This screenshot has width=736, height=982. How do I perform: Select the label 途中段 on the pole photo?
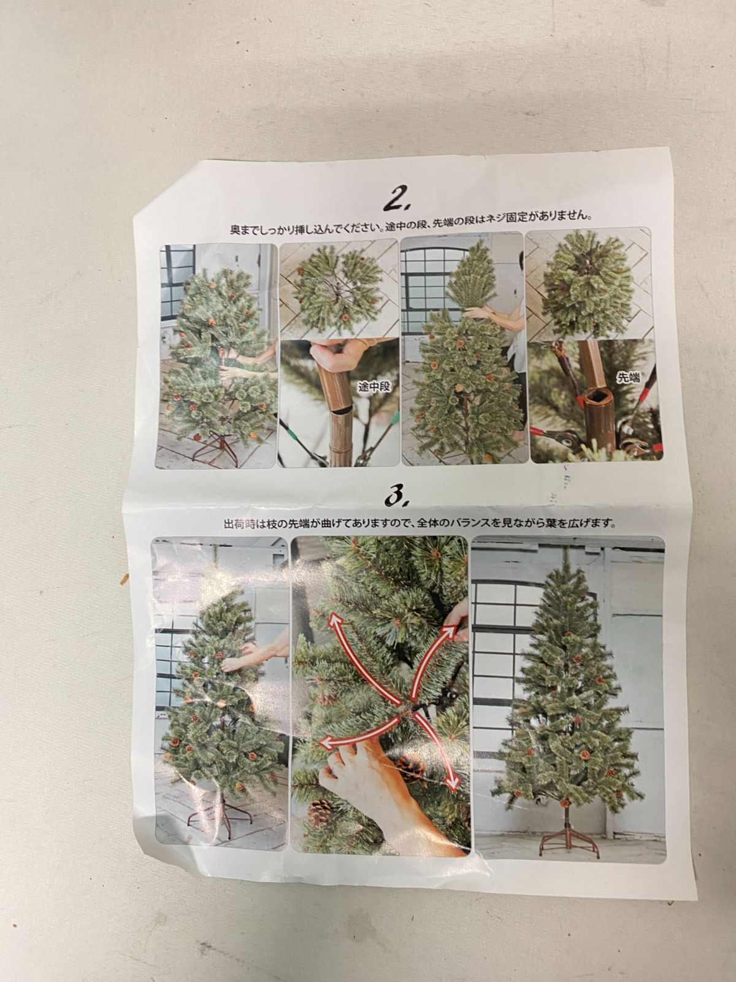(374, 387)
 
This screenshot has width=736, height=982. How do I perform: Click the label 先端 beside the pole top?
(628, 377)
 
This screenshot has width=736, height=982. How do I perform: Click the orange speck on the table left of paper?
(123, 579)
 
